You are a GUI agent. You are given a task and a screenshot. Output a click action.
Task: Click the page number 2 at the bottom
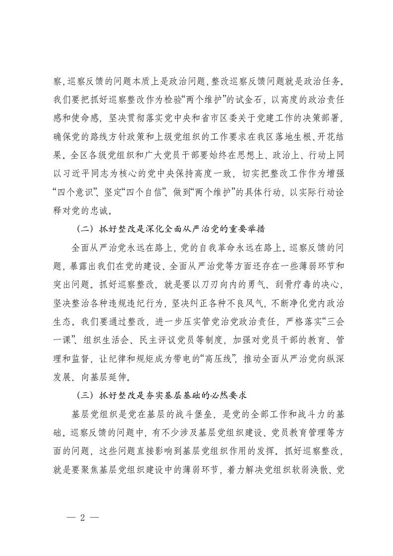(x=83, y=516)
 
